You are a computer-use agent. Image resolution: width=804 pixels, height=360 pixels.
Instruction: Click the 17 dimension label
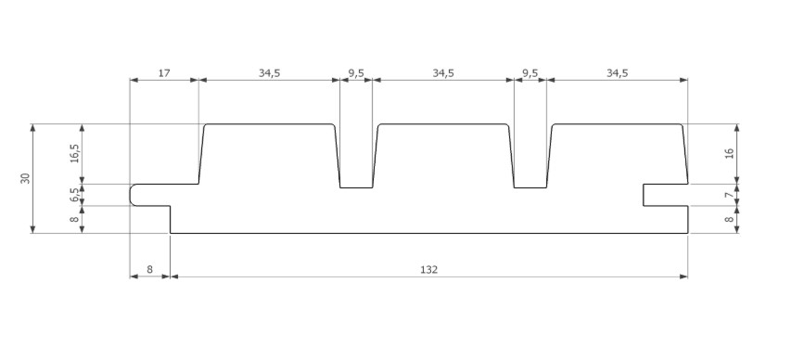(163, 72)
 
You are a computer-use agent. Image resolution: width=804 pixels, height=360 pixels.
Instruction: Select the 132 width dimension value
(428, 270)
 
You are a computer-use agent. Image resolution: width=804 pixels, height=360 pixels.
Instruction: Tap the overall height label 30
(26, 178)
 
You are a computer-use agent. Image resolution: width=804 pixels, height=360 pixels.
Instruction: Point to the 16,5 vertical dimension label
(75, 153)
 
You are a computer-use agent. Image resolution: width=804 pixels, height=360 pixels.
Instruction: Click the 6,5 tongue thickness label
(75, 195)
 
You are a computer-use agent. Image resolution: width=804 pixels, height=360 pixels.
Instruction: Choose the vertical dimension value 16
(729, 153)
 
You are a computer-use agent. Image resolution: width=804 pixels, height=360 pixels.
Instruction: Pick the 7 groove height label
(729, 195)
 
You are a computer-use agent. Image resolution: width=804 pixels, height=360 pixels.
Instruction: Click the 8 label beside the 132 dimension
(149, 270)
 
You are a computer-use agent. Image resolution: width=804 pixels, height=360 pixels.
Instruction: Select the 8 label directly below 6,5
(75, 220)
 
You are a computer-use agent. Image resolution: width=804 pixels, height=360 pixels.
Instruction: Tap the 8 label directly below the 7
(729, 220)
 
